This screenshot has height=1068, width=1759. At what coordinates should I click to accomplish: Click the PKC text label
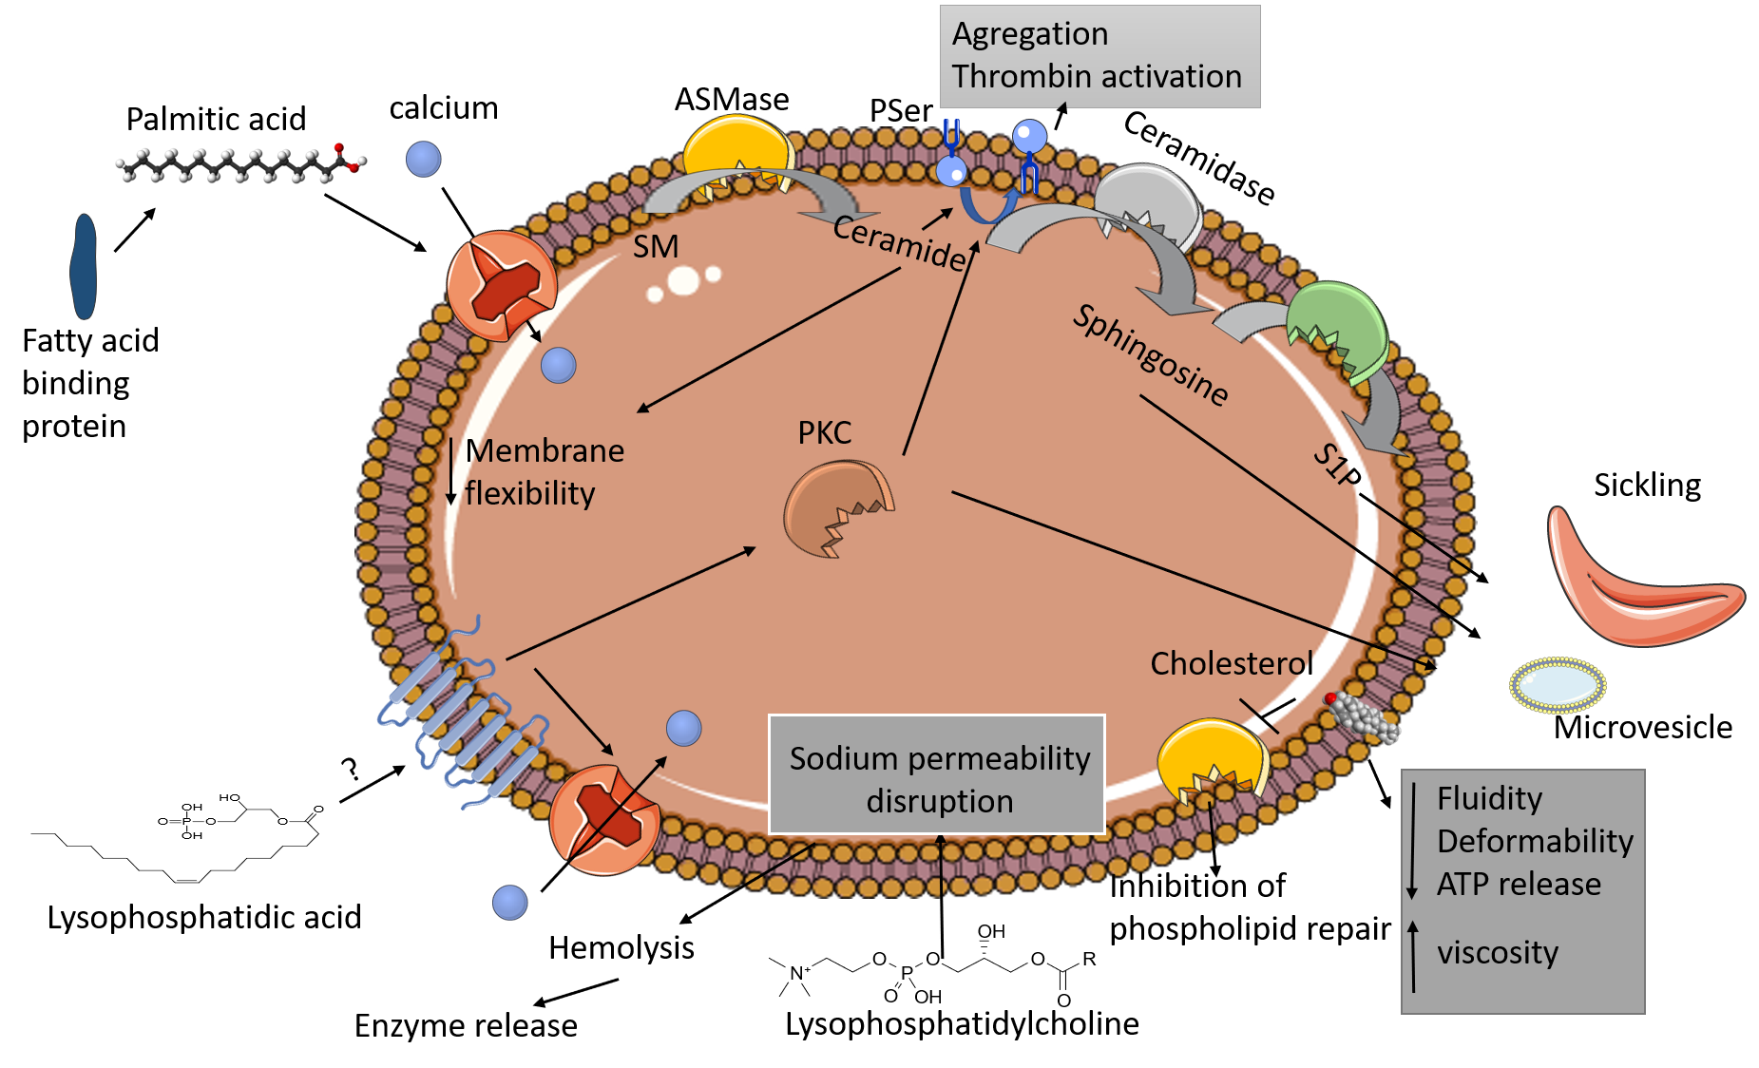[x=824, y=432]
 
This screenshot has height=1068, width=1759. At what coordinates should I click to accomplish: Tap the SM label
[x=656, y=246]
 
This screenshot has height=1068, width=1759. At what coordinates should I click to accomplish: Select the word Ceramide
[x=900, y=242]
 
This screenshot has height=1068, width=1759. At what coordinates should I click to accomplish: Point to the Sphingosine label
[x=1151, y=355]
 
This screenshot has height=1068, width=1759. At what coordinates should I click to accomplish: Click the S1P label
[x=1337, y=466]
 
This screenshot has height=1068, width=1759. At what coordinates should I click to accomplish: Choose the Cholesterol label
[x=1232, y=663]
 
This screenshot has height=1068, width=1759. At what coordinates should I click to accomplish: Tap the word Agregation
[x=1030, y=33]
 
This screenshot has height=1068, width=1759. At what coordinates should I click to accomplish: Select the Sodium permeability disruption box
[x=937, y=775]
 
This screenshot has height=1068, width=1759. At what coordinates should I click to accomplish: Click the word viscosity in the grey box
[x=1498, y=952]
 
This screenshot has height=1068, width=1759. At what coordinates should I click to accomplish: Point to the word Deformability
[x=1535, y=841]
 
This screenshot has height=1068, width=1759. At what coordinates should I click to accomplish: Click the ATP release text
[x=1519, y=884]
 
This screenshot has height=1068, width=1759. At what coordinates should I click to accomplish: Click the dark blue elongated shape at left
[x=84, y=266]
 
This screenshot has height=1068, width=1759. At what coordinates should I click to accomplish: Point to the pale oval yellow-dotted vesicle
[x=1558, y=684]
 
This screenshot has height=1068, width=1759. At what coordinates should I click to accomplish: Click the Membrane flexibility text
[x=544, y=471]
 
